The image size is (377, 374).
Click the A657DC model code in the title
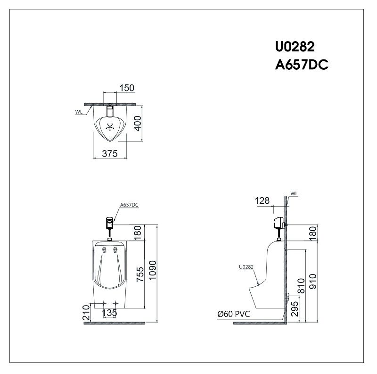(302, 65)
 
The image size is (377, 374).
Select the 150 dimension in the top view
(126, 88)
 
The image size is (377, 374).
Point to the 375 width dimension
(109, 153)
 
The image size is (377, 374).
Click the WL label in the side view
(295, 193)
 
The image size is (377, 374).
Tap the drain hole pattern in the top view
(111, 127)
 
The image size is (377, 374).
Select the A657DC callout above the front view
(129, 205)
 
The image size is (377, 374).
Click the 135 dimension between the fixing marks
(109, 313)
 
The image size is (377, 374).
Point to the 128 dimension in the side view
(262, 200)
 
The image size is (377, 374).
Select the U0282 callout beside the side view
(246, 267)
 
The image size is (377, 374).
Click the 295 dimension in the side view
(294, 307)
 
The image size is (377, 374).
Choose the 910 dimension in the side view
(313, 281)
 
